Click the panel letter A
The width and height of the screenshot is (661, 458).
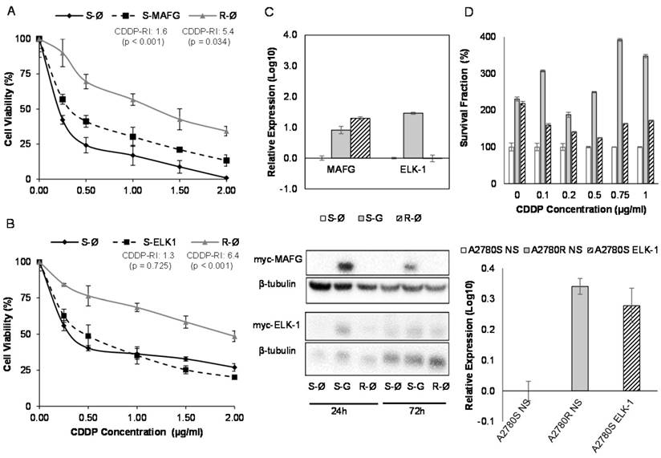(x=8, y=9)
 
